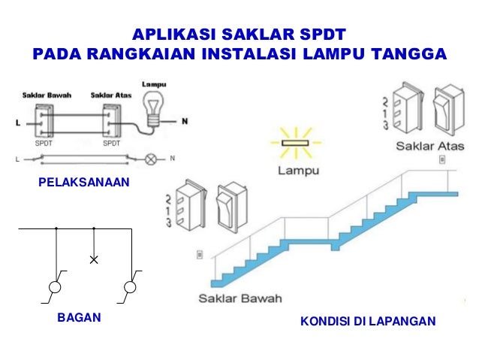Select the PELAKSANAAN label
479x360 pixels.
pyautogui.click(x=81, y=183)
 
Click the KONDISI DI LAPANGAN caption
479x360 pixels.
pyautogui.click(x=368, y=322)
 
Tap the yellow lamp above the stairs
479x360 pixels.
pyautogui.click(x=294, y=143)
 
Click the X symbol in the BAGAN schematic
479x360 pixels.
pyautogui.click(x=94, y=260)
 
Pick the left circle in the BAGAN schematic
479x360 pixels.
pyautogui.click(x=56, y=288)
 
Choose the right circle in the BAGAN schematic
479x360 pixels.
pyautogui.click(x=130, y=288)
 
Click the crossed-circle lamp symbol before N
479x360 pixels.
pyautogui.click(x=151, y=159)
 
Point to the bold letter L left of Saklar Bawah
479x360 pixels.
pyautogui.click(x=19, y=121)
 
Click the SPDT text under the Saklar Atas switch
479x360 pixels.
pyautogui.click(x=112, y=143)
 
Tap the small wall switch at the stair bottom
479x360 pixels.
pyautogui.click(x=199, y=253)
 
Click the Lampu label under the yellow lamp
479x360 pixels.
pyautogui.click(x=295, y=171)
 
